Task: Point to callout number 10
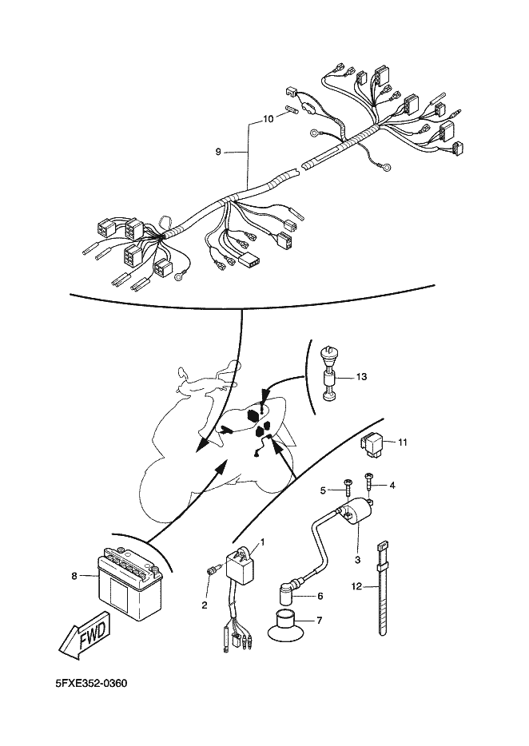[x=268, y=118]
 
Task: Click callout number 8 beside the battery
[x=74, y=574]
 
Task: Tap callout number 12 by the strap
[x=357, y=587]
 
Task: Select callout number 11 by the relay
[x=403, y=442]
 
